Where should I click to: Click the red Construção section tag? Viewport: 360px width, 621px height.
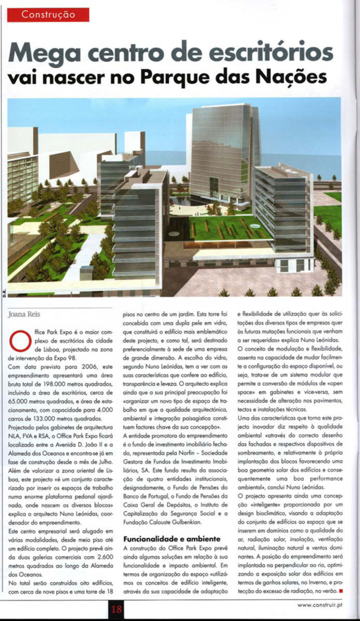pos(48,15)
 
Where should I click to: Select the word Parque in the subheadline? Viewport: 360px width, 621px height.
pos(175,77)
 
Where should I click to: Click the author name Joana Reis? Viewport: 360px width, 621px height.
pos(24,314)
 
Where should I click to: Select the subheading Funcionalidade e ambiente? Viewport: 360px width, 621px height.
pos(171,539)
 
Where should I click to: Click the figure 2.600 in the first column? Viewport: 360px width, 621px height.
pos(102,557)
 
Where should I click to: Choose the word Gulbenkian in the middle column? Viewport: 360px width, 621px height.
pos(185,522)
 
